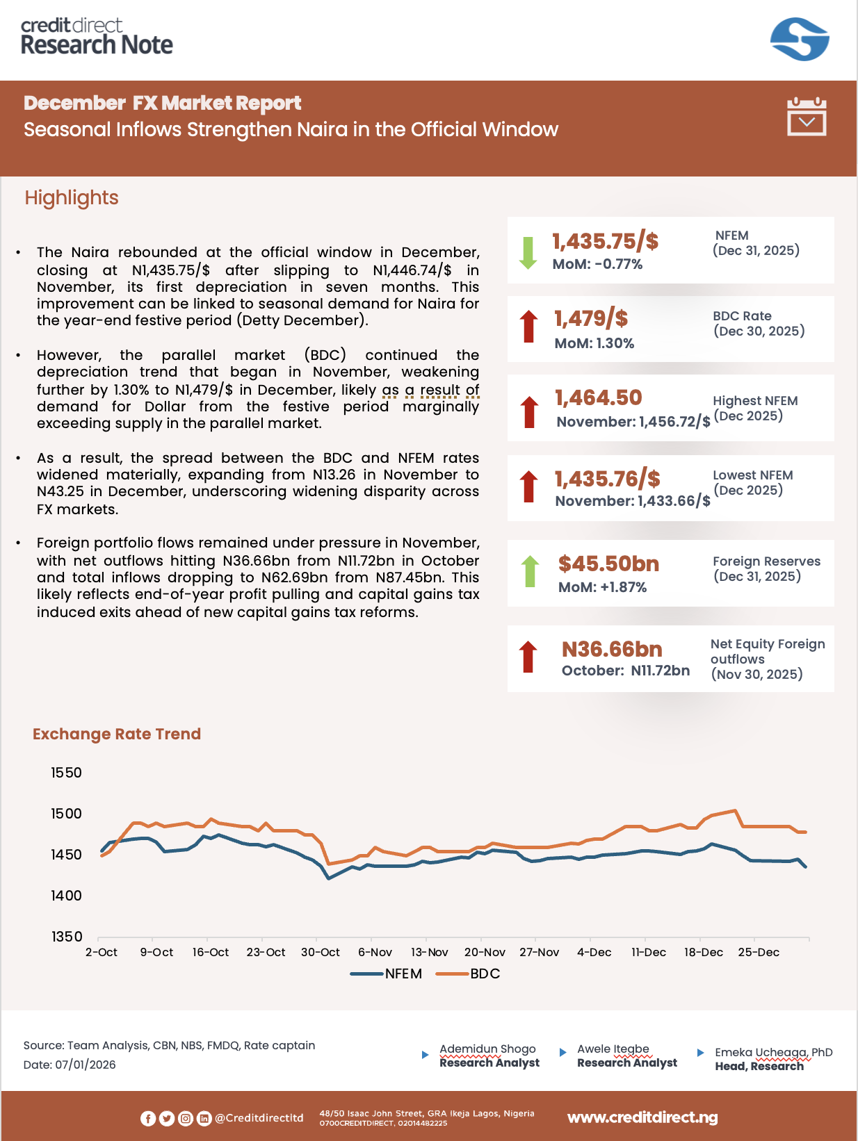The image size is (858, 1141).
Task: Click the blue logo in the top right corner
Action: click(x=800, y=39)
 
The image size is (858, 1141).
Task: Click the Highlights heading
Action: click(x=72, y=198)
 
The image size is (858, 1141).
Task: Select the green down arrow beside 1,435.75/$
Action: click(x=528, y=252)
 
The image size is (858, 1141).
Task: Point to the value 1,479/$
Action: click(x=591, y=319)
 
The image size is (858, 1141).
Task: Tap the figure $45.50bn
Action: click(x=608, y=564)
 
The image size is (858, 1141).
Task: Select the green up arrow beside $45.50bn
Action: click(x=530, y=571)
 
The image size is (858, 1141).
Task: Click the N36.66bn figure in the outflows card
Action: click(x=612, y=650)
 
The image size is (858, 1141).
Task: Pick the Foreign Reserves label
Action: click(x=766, y=561)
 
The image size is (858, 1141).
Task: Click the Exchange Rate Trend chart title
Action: click(x=117, y=734)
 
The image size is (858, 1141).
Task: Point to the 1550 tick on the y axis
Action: click(x=66, y=773)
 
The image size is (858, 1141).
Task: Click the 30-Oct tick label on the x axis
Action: click(x=320, y=952)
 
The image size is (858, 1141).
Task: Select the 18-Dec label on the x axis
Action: click(x=703, y=952)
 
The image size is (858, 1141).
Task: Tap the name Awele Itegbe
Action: click(x=613, y=1049)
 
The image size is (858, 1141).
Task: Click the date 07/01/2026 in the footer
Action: click(x=86, y=1065)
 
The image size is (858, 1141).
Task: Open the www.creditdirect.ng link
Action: click(x=642, y=1117)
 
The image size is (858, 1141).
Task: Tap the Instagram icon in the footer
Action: click(x=186, y=1118)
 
